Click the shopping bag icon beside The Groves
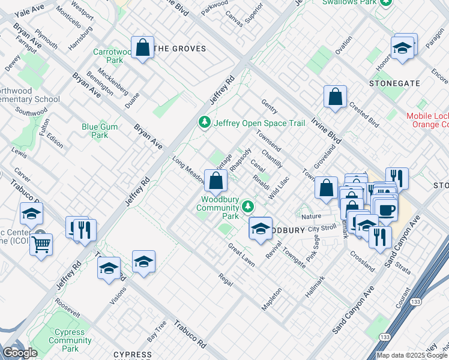(x=143, y=47)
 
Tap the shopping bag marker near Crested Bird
(x=335, y=97)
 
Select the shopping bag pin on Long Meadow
(x=215, y=180)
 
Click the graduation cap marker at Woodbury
(x=261, y=229)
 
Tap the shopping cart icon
(x=41, y=244)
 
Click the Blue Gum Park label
(x=100, y=131)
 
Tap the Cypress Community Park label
(x=70, y=340)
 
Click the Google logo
(x=20, y=353)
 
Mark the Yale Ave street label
(x=29, y=11)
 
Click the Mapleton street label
(x=271, y=298)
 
